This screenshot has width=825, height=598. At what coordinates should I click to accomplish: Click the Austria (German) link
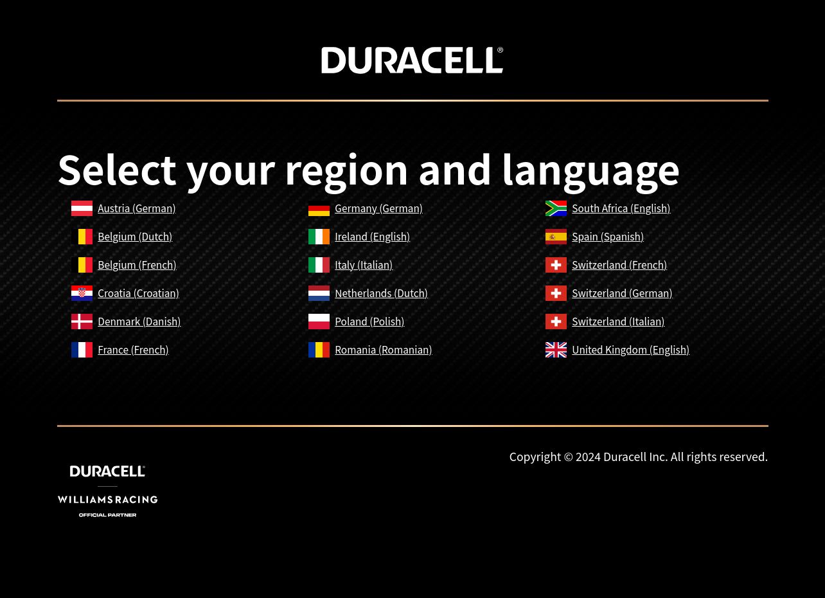click(137, 208)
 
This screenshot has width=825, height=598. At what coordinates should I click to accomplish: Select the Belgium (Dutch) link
click(135, 237)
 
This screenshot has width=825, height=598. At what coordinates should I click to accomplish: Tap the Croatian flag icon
click(82, 293)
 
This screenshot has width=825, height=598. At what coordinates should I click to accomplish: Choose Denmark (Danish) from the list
click(139, 322)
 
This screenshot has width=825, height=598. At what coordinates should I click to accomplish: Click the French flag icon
click(82, 350)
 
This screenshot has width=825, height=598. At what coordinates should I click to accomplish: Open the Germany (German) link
click(378, 208)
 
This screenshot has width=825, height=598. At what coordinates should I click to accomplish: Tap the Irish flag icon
click(319, 237)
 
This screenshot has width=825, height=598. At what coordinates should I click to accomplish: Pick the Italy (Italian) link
click(364, 265)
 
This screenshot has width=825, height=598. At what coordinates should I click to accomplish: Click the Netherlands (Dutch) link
click(381, 293)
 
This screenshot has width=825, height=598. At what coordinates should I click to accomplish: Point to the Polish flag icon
click(319, 322)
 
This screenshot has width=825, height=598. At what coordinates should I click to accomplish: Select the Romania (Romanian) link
click(384, 350)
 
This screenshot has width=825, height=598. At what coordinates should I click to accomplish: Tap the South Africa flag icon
click(556, 208)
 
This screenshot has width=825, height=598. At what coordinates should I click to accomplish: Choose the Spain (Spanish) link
click(608, 237)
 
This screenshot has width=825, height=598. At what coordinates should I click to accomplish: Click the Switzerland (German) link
click(622, 293)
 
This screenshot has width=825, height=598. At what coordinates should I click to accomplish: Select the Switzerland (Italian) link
click(618, 322)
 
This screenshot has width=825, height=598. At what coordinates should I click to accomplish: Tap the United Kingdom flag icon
click(556, 350)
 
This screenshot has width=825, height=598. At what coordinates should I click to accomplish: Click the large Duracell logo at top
click(412, 60)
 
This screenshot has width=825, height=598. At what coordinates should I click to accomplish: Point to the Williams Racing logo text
click(107, 500)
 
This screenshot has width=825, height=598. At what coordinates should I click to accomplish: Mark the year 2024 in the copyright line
click(588, 457)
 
